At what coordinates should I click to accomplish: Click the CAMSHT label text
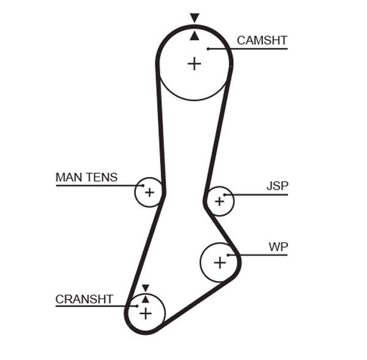pyautogui.click(x=262, y=40)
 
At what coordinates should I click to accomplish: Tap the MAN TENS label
pyautogui.click(x=86, y=177)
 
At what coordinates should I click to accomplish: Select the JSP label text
pyautogui.click(x=277, y=186)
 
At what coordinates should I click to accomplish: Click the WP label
pyautogui.click(x=278, y=247)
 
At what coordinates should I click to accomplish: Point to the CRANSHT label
pyautogui.click(x=84, y=299)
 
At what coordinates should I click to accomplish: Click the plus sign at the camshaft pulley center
pyautogui.click(x=194, y=63)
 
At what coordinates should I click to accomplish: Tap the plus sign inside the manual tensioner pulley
pyautogui.click(x=149, y=193)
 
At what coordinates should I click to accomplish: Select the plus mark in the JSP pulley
pyautogui.click(x=219, y=201)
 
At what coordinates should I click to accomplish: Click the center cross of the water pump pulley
pyautogui.click(x=220, y=262)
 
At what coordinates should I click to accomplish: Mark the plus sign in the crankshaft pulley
pyautogui.click(x=146, y=313)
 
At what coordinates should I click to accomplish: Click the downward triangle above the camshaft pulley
pyautogui.click(x=195, y=18)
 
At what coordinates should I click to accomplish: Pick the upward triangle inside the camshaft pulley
pyautogui.click(x=195, y=36)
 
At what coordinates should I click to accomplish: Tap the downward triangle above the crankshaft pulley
pyautogui.click(x=146, y=288)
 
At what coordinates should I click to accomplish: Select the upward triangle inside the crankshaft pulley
pyautogui.click(x=146, y=298)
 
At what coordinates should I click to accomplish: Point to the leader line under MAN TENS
pyautogui.click(x=98, y=185)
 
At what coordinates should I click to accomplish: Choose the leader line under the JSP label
pyautogui.click(x=257, y=195)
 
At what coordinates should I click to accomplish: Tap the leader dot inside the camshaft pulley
pyautogui.click(x=209, y=48)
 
